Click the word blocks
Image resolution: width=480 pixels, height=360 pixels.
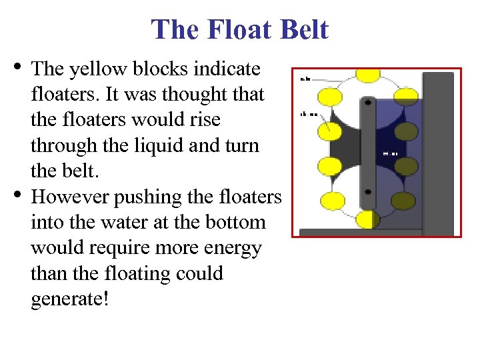pyautogui.click(x=161, y=69)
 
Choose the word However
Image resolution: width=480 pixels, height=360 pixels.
pyautogui.click(x=71, y=197)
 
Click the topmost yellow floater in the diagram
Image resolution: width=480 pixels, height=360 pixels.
pyautogui.click(x=367, y=73)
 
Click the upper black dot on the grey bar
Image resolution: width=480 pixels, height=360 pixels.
pyautogui.click(x=367, y=103)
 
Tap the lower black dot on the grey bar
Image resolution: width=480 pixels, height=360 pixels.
pyautogui.click(x=367, y=192)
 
